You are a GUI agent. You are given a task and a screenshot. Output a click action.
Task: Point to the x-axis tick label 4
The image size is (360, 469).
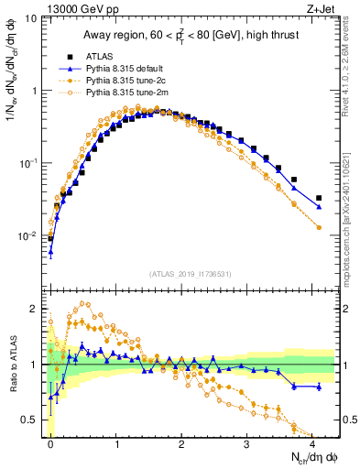point(313,442)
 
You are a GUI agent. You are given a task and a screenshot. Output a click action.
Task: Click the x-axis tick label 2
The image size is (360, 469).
point(182,442)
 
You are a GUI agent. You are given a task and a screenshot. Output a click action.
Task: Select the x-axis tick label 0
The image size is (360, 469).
point(50,442)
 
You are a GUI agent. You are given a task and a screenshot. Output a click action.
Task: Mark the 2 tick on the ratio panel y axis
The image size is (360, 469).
point(35,309)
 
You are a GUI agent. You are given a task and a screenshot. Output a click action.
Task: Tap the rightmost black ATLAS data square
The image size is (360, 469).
point(319,198)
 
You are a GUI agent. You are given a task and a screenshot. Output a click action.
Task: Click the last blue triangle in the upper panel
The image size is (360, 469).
point(319,207)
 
